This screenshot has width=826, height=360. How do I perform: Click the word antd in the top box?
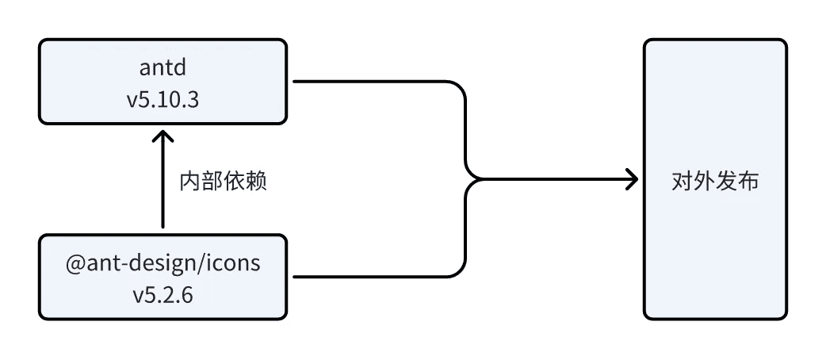pyautogui.click(x=163, y=70)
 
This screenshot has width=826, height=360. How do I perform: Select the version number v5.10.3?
pyautogui.click(x=163, y=101)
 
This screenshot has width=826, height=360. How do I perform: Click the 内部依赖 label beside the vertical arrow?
pyautogui.click(x=223, y=181)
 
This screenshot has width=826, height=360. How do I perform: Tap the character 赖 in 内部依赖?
pyautogui.click(x=255, y=181)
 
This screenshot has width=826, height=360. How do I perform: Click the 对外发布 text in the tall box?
pyautogui.click(x=714, y=181)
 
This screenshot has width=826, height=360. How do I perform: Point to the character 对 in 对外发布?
pyautogui.click(x=682, y=181)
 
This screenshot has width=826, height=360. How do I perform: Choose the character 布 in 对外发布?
pyautogui.click(x=748, y=181)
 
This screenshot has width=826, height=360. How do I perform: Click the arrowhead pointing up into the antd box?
pyautogui.click(x=163, y=136)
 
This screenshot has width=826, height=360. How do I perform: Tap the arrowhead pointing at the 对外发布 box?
pyautogui.click(x=631, y=179)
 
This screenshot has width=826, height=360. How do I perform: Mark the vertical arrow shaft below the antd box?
pyautogui.click(x=163, y=190)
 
